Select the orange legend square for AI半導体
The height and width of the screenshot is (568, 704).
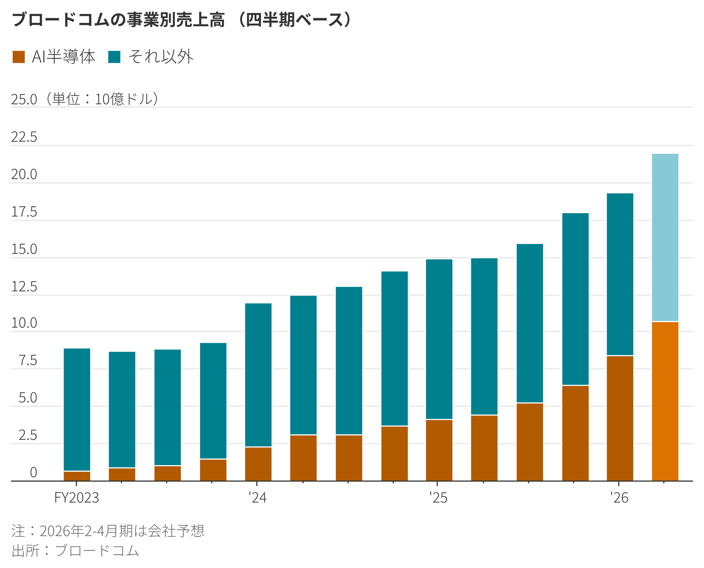19,57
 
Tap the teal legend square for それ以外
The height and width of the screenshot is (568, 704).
114,57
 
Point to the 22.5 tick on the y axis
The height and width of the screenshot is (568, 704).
24,137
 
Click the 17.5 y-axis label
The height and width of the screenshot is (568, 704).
24,212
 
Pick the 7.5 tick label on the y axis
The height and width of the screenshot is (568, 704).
28,361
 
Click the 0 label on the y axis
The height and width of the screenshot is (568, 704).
33,473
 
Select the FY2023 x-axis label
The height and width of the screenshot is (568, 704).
76,498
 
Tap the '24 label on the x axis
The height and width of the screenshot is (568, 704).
257,498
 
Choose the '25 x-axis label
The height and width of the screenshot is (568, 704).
438,498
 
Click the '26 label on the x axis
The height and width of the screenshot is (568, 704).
619,498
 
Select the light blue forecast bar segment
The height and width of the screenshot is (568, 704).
665,237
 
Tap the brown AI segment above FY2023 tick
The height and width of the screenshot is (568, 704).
77,476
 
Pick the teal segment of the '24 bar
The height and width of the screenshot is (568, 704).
258,375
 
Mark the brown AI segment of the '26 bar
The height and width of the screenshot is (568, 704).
620,418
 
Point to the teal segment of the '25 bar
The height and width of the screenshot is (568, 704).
439,339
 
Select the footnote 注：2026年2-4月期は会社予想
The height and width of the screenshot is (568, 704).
108,531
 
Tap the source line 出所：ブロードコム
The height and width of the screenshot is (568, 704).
75,551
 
